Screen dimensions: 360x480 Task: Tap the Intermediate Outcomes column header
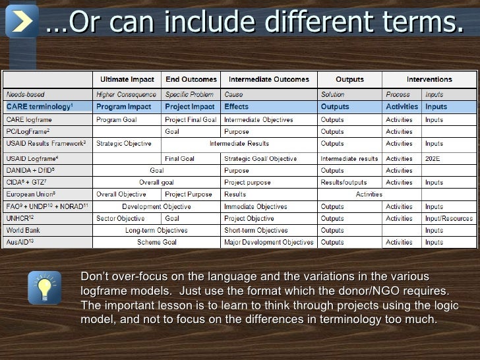[268, 80]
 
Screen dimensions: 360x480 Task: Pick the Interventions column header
[429, 80]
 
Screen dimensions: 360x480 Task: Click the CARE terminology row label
[40, 106]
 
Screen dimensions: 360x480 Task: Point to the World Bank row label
[24, 230]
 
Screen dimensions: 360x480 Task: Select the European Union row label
[30, 195]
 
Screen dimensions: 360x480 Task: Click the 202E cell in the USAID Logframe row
[433, 159]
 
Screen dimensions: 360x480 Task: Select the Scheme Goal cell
[156, 242]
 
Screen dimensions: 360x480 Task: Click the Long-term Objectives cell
[156, 230]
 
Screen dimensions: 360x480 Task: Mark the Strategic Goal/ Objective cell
[260, 159]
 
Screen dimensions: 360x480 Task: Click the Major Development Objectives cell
[268, 242]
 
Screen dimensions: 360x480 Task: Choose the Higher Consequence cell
[126, 94]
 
